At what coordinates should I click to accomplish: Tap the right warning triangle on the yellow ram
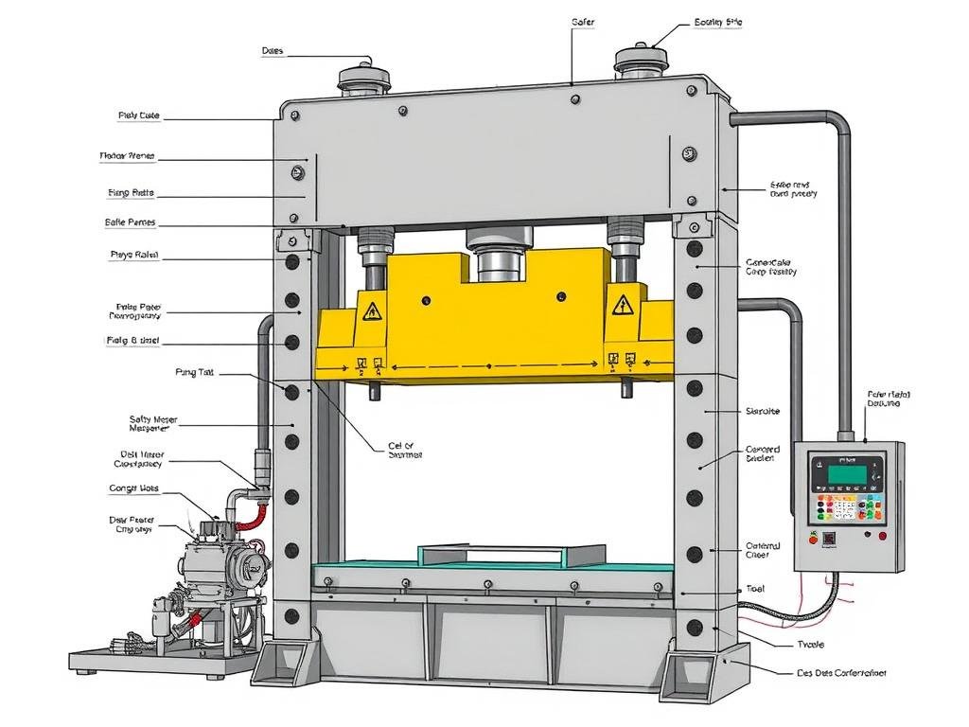tap(622, 305)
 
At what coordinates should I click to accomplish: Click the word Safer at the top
tap(583, 21)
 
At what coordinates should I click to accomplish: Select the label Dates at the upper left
tap(273, 51)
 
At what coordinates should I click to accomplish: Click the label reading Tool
tap(755, 588)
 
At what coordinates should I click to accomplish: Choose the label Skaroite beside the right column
tap(763, 412)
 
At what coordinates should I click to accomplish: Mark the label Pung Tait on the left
tap(195, 373)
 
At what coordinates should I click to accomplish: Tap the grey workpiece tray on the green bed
tap(512, 555)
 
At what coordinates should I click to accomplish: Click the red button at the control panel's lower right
tap(882, 537)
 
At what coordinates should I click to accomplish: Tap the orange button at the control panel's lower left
tap(812, 537)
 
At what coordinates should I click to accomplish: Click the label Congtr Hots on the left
tap(134, 489)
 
